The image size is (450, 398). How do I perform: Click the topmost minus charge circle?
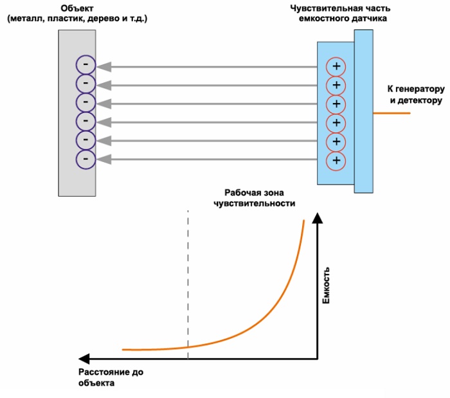pos(85,65)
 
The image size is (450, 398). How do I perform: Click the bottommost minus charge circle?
pos(85,159)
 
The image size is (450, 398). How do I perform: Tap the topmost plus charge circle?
pos(336,67)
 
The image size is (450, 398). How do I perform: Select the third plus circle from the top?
pos(336,104)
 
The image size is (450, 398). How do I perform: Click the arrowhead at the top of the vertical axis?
pos(316,219)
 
